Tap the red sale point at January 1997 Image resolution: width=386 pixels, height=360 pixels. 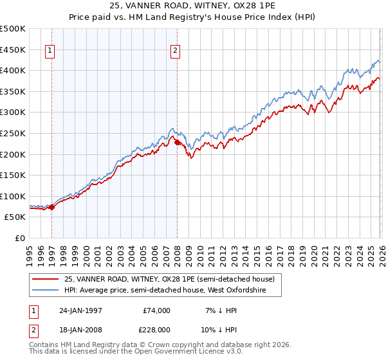[x=52, y=207]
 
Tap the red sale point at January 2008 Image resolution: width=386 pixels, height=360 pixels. [x=177, y=143]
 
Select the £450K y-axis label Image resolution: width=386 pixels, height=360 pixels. [x=13, y=50]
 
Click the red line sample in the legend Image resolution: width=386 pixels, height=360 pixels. [x=46, y=279]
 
